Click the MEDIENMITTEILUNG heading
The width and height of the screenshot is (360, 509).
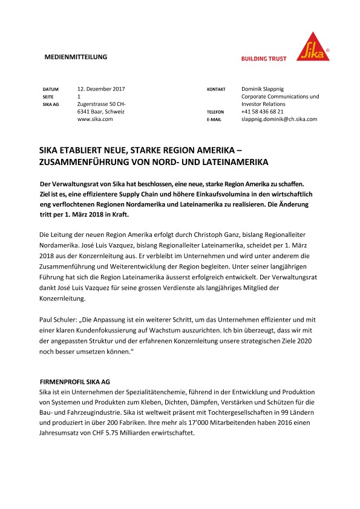tap(76, 57)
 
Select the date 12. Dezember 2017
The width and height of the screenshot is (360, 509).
tap(102, 89)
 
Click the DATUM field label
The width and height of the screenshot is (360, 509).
tap(51, 89)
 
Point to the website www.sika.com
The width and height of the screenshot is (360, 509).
tap(96, 120)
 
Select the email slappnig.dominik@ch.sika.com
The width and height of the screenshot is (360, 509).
tap(279, 120)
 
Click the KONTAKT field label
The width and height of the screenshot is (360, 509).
tap(216, 89)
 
